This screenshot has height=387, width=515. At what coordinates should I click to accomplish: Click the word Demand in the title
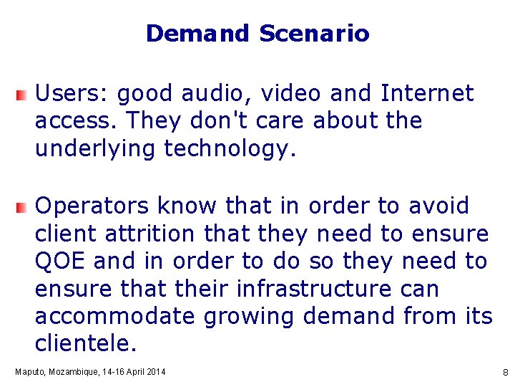197,34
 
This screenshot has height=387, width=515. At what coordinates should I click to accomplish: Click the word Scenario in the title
314,34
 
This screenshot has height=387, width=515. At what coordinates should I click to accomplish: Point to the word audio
214,94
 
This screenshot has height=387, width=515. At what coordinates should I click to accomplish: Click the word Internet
427,94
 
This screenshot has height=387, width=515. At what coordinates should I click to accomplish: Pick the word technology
229,149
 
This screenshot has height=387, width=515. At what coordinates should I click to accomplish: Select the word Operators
92,206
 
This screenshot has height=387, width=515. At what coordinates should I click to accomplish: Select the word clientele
85,344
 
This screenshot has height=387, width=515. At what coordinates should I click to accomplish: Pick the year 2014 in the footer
155,372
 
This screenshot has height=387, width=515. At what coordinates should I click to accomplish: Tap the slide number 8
505,373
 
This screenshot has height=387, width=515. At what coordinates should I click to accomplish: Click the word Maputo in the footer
29,372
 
